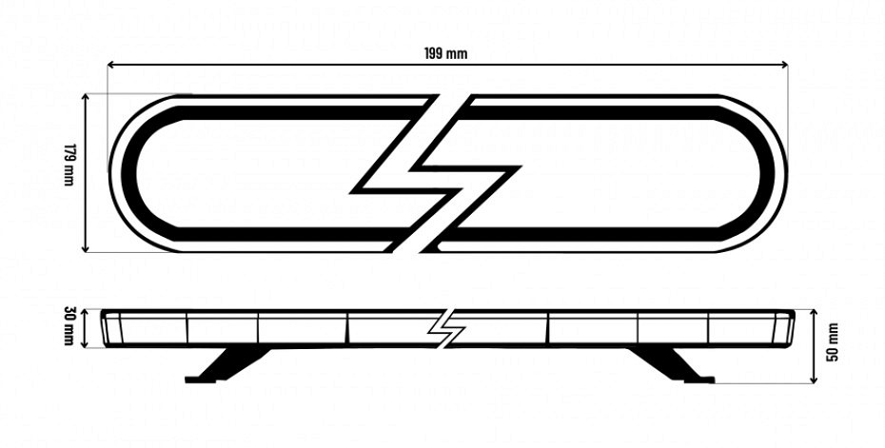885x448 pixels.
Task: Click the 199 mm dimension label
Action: pos(446,53)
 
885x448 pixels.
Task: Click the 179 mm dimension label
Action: pos(69,166)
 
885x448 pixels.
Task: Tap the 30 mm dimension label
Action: pos(69,326)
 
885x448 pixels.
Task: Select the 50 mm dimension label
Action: pos(833,341)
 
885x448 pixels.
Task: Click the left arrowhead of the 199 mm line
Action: pos(111,65)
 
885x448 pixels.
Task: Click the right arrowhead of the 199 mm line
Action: pos(784,65)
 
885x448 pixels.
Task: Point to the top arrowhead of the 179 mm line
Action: pos(86,98)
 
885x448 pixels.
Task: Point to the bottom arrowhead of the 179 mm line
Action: pos(86,247)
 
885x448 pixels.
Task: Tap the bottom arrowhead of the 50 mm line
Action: pos(814,380)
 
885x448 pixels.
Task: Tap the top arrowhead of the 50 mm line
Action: pos(814,314)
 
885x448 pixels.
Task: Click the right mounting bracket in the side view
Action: pos(672,364)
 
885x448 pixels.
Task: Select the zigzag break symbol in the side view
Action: pos(446,328)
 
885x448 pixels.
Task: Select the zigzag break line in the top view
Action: pos(435,173)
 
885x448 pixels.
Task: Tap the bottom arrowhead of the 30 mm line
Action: pos(86,342)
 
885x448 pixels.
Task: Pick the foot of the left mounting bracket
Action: pos(200,380)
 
